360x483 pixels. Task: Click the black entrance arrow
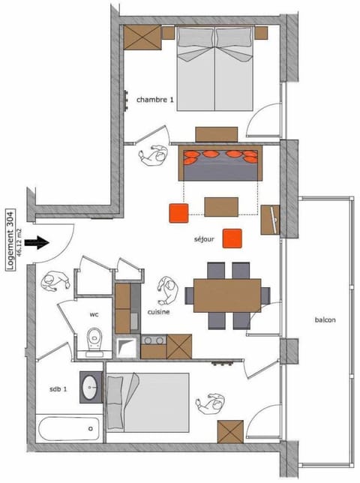pos(35,242)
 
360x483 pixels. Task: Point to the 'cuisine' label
pos(158,312)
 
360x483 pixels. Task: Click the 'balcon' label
pos(325,320)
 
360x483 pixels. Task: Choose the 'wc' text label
pos(94,313)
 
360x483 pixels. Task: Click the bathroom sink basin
pos(91,386)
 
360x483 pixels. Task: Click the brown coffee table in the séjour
pos(221,206)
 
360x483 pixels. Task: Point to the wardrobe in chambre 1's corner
pos(142,35)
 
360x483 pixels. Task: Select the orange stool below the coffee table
pos(232,237)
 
